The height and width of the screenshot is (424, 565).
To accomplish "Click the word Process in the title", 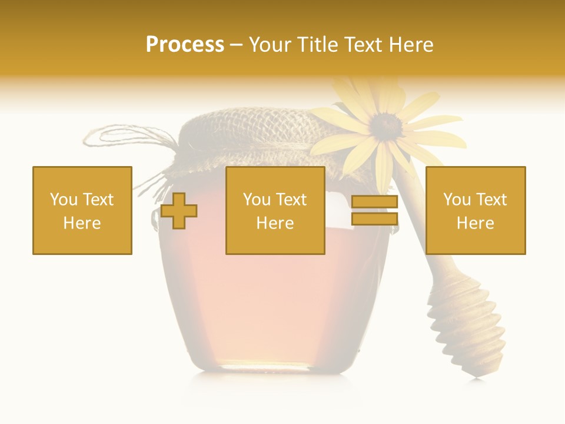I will pyautogui.click(x=185, y=45).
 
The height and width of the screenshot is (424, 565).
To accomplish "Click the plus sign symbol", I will pyautogui.click(x=179, y=211).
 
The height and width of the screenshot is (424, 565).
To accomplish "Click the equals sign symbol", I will pyautogui.click(x=374, y=210).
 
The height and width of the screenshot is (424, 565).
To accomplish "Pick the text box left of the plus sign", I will pyautogui.click(x=82, y=210).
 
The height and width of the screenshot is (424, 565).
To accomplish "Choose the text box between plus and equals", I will pyautogui.click(x=275, y=210).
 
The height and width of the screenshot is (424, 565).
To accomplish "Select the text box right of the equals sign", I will pyautogui.click(x=475, y=210).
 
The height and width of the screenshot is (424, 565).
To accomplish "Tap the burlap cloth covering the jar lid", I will pyautogui.click(x=253, y=141).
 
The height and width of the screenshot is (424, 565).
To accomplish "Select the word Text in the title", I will pyautogui.click(x=363, y=45).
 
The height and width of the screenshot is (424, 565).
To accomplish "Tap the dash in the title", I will pyautogui.click(x=237, y=45).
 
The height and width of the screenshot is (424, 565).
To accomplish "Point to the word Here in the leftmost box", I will pyautogui.click(x=82, y=223).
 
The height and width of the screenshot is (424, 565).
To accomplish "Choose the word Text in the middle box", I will pyautogui.click(x=291, y=200).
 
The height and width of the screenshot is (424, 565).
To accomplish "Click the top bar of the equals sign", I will pyautogui.click(x=374, y=202).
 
